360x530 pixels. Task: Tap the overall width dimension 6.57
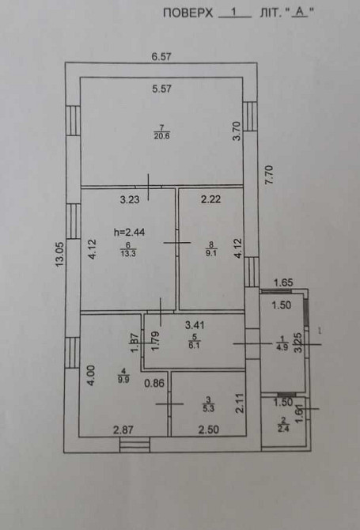(163, 56)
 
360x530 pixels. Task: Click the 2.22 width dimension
(210, 199)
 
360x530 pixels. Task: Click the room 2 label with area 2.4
(284, 426)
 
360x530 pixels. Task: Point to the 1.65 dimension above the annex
(283, 282)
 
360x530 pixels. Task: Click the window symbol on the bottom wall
(135, 445)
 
